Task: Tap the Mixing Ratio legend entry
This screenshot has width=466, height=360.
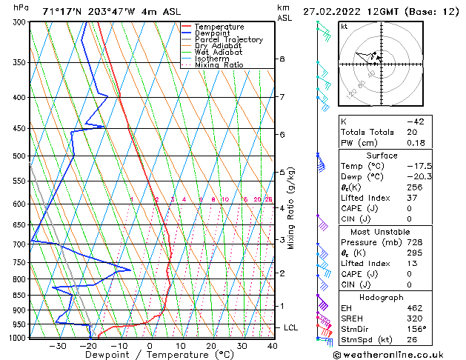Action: tap(219, 65)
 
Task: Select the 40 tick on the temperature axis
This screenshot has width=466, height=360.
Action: tap(273, 345)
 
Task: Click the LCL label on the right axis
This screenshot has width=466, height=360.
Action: tap(291, 327)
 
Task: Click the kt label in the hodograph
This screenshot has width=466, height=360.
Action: tap(344, 26)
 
